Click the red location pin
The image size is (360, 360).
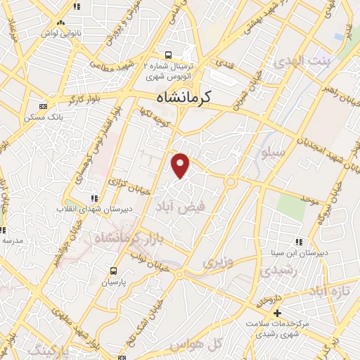click(x=181, y=165)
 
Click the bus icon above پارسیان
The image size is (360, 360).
click(x=112, y=270)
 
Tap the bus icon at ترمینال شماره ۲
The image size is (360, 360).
click(x=168, y=54)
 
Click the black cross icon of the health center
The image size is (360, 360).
click(x=278, y=313)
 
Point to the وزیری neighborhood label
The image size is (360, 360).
click(x=217, y=262)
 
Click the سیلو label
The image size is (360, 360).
click(x=274, y=151)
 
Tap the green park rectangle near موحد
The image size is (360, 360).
click(x=288, y=204)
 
